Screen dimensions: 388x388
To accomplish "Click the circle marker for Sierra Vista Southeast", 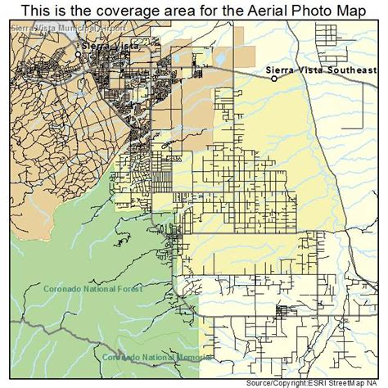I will click(275, 79).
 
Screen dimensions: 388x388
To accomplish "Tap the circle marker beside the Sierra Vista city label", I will click(79, 54).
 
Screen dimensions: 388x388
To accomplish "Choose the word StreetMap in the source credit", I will click(353, 382).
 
